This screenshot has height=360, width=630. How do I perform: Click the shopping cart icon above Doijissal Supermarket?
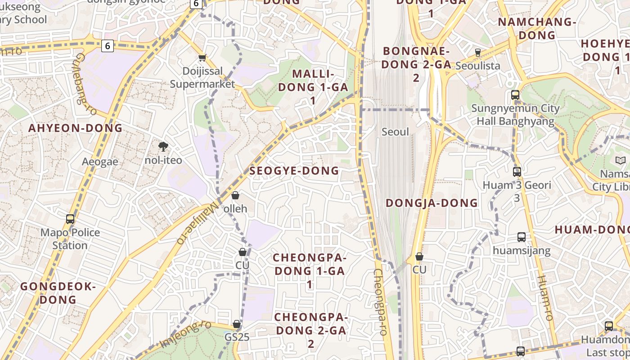click(202, 58)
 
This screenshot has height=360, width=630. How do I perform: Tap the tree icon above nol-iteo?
click(163, 146)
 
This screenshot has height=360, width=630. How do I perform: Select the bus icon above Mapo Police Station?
click(70, 219)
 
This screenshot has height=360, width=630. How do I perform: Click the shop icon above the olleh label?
click(235, 195)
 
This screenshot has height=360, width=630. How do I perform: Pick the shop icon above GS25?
click(237, 324)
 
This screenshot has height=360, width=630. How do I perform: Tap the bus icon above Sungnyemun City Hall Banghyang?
click(515, 95)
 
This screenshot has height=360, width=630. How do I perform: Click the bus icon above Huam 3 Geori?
click(517, 171)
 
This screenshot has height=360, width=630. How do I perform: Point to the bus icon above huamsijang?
click(522, 237)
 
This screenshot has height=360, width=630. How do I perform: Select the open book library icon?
click(620, 160)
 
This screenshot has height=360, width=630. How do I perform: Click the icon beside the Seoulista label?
click(478, 53)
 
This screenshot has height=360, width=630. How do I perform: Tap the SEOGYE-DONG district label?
click(294, 171)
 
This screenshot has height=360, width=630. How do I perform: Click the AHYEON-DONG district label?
click(76, 128)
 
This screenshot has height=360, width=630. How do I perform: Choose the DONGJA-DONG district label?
click(432, 203)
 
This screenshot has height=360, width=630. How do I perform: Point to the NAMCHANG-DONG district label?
click(537, 28)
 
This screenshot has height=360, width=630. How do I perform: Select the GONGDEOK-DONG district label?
click(58, 293)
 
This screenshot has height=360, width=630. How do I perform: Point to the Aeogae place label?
click(100, 162)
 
